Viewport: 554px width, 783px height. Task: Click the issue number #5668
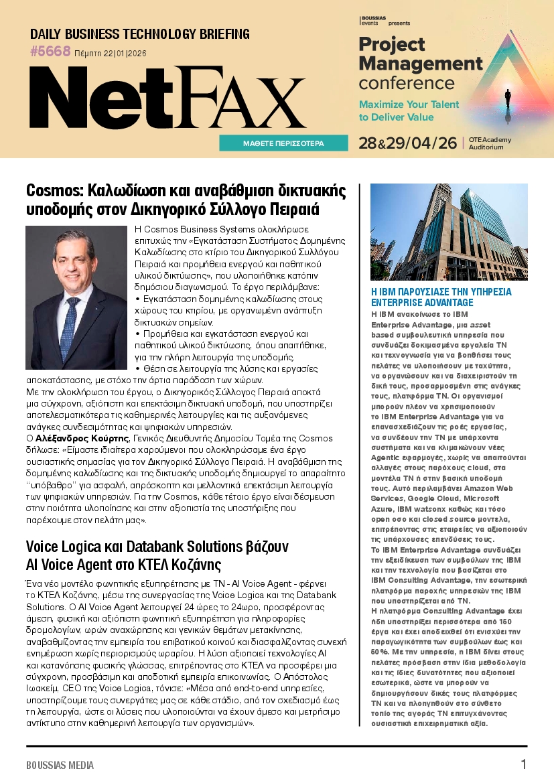[50, 52]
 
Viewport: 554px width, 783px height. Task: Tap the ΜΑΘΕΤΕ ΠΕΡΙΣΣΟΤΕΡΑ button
[283, 143]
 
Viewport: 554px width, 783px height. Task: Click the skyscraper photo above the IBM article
[449, 231]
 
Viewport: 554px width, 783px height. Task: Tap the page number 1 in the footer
[524, 764]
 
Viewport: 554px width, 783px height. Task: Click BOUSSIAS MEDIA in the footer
[60, 765]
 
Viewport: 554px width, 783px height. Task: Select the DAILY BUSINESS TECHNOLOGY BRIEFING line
[140, 34]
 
